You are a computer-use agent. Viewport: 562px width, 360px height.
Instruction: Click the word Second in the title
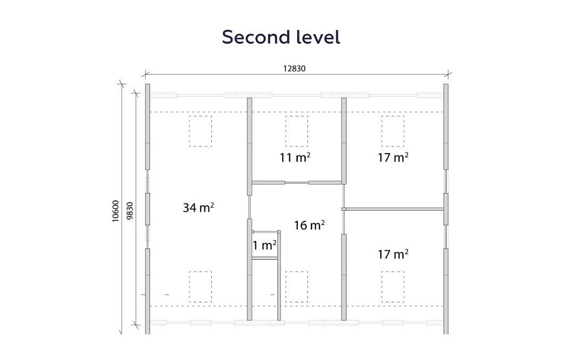pos(256,37)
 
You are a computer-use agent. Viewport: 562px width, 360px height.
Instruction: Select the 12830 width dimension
pos(294,68)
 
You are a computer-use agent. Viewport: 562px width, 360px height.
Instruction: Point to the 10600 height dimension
pos(115,211)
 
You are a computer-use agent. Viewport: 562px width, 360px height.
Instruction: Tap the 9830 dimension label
pos(130,211)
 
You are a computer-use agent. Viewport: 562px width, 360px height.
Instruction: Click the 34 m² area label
pos(199,208)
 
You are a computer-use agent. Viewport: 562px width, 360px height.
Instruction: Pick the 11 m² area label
pos(295,157)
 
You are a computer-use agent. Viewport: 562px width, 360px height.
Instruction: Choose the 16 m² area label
pos(309,225)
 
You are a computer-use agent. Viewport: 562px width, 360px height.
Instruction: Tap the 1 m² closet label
pos(265,245)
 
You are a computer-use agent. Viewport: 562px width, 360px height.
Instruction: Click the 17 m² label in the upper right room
pos(393,157)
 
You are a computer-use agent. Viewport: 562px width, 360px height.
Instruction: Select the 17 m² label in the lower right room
pos(393,254)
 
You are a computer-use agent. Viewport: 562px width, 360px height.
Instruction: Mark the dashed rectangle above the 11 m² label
pos(297,131)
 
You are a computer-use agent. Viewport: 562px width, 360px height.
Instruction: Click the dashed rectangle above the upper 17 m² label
pos(393,131)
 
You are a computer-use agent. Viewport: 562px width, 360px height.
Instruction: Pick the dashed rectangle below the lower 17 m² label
pos(393,287)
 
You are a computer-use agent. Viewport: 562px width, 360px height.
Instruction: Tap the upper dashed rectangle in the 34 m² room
pos(201,131)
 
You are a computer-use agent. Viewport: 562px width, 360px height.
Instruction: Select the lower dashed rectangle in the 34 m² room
pos(201,287)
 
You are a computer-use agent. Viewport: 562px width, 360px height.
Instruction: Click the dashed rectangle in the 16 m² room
pos(297,287)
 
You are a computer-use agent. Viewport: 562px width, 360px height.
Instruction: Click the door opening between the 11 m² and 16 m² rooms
pos(297,182)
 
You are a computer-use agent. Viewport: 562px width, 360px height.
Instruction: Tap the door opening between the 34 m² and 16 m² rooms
pos(249,207)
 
